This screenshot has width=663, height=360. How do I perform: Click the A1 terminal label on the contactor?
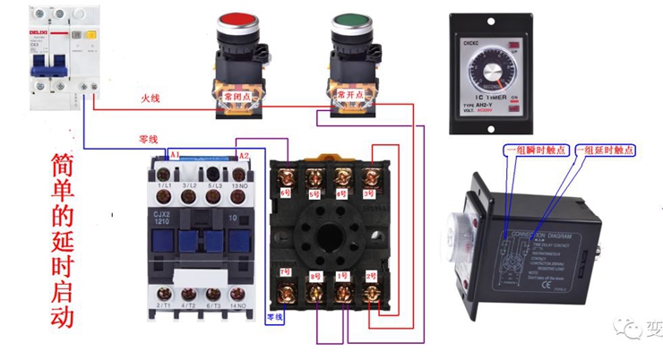[175, 156]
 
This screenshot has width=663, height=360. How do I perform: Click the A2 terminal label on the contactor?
[243, 156]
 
